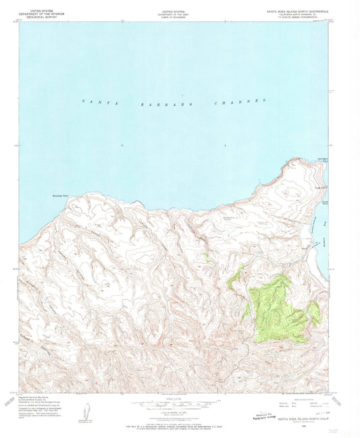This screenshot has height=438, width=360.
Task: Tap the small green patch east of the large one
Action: click(313, 312)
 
